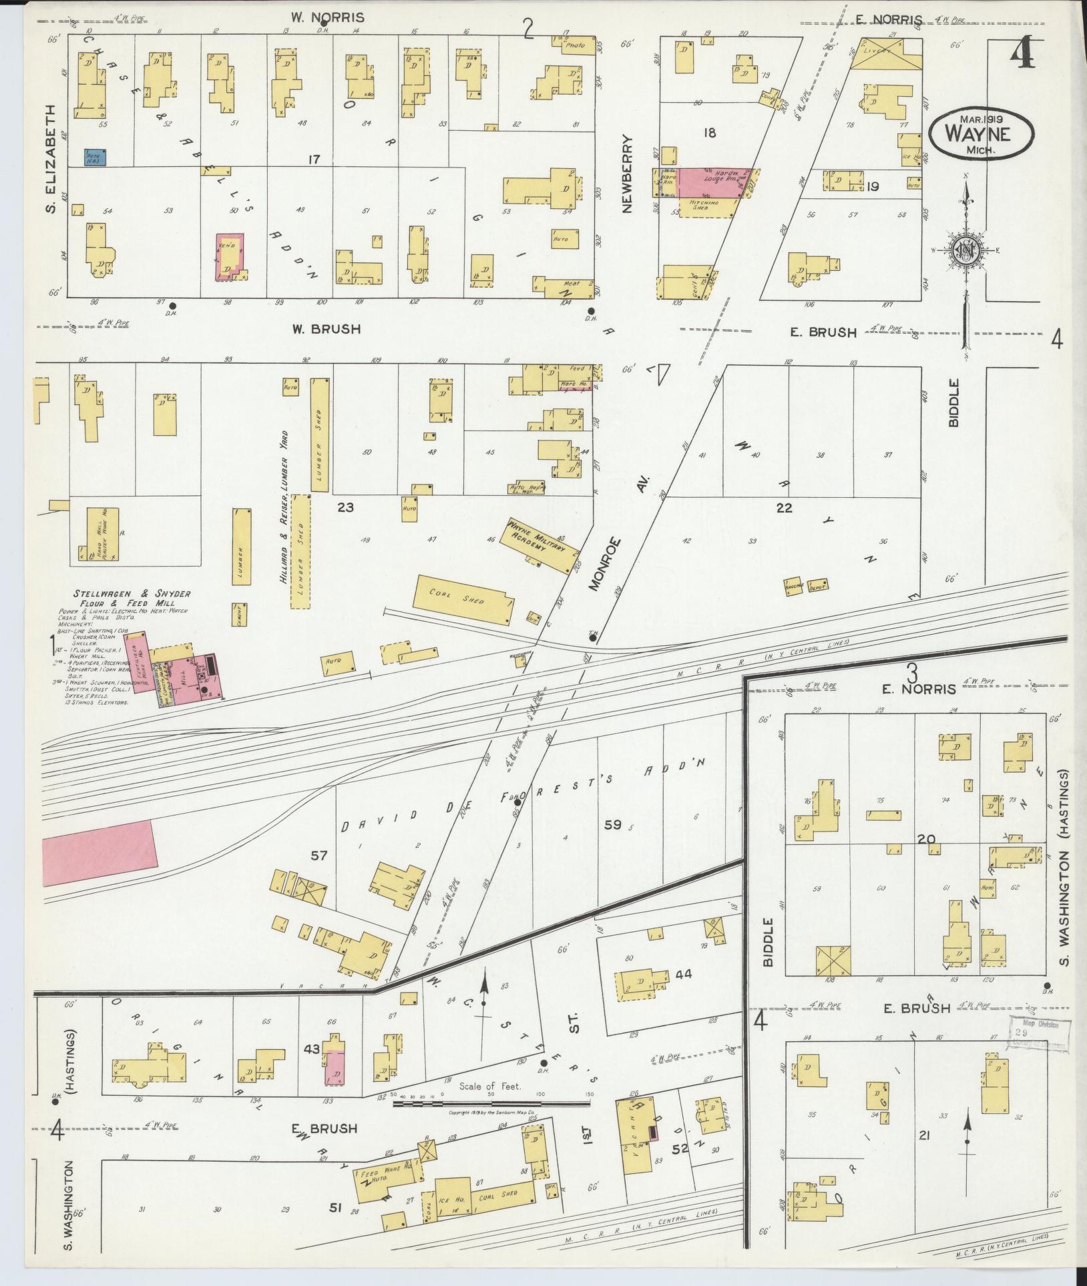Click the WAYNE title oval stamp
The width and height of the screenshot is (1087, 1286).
tap(981, 134)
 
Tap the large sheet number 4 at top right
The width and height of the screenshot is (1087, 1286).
tap(1022, 52)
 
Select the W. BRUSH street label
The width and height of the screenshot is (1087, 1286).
tap(327, 329)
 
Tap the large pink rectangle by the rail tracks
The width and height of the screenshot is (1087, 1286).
tap(100, 852)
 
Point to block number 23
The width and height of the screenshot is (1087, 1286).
tap(345, 507)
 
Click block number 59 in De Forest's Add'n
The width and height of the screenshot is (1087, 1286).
tap(612, 824)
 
